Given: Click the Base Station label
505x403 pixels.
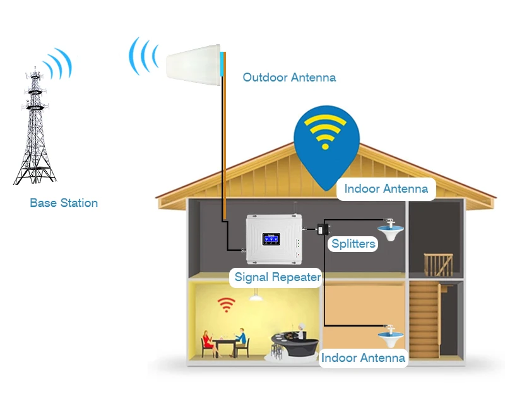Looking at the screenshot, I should pyautogui.click(x=64, y=203).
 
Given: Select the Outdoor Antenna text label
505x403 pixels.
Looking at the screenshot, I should pyautogui.click(x=289, y=78).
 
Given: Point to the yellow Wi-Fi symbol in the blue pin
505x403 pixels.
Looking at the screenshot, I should pyautogui.click(x=325, y=132).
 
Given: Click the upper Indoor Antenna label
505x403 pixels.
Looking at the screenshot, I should pyautogui.click(x=386, y=188).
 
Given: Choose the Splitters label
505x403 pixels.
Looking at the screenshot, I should pyautogui.click(x=353, y=244).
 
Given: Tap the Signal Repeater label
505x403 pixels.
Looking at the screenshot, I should pyautogui.click(x=278, y=277).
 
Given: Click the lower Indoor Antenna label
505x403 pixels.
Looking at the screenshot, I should pyautogui.click(x=363, y=358).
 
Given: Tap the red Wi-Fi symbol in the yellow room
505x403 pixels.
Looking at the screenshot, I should pyautogui.click(x=226, y=304).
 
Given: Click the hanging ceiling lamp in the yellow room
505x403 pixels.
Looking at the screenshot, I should pyautogui.click(x=256, y=296).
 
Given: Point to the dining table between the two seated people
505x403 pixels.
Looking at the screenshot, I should pyautogui.click(x=225, y=341).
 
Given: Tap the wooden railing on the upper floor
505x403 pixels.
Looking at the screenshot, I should pyautogui.click(x=437, y=263).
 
